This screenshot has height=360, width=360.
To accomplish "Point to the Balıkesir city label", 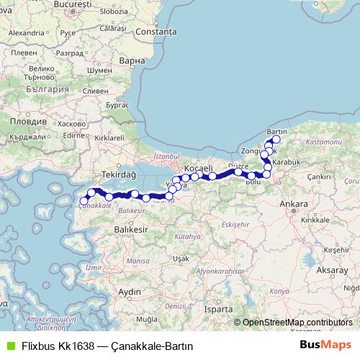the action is tap(130, 228).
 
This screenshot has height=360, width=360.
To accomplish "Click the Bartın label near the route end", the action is tap(277, 131).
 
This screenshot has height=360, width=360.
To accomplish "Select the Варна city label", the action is tap(133, 61).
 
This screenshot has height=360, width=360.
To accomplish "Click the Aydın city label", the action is tap(130, 291).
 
